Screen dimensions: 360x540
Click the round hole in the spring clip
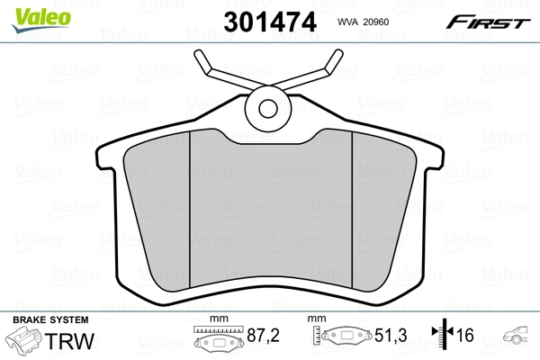[268, 109]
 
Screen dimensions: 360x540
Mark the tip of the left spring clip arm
[201, 58]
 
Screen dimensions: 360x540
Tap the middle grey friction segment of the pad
[269, 211]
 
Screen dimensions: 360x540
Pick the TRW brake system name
[72, 342]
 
